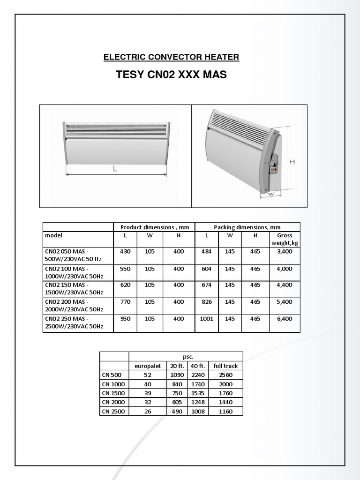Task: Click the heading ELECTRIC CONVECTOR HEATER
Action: [171, 57]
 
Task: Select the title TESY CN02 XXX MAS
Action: [171, 75]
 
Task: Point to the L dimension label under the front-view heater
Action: [115, 169]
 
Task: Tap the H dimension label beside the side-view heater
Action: [292, 162]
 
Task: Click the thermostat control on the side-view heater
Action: [271, 165]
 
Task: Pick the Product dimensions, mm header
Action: [154, 227]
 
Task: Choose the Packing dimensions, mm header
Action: [247, 227]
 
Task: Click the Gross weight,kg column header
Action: [285, 239]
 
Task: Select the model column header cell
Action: [53, 235]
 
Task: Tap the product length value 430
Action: [125, 252]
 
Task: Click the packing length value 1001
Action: [207, 319]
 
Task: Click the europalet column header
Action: [148, 366]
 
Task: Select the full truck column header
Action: [225, 366]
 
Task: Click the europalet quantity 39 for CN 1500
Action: [148, 393]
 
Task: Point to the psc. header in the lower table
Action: [186, 357]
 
